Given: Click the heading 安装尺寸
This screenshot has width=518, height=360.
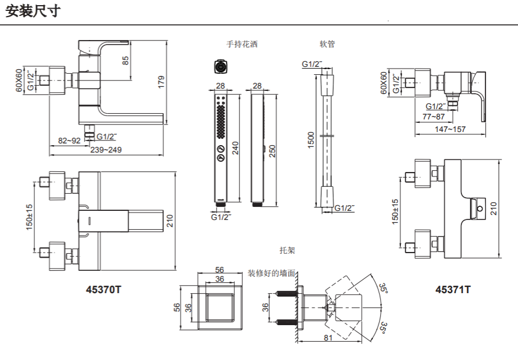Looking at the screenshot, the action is tap(33, 11).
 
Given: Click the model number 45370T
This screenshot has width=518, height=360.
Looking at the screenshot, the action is tap(103, 290).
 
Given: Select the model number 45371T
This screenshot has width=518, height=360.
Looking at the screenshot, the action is tap(453, 290).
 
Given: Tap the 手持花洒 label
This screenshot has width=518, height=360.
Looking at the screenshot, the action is tap(242, 44).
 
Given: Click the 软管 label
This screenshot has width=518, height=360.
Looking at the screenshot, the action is tap(327, 44).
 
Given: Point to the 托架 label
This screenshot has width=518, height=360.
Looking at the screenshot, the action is tap(287, 250).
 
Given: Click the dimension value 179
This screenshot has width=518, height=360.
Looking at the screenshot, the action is tap(161, 82).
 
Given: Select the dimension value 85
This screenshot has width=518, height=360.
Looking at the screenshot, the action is tap(126, 61).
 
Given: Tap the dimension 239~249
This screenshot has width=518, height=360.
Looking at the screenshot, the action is tap(106, 150).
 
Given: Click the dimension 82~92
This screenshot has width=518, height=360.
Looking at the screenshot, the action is tap(69, 141).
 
